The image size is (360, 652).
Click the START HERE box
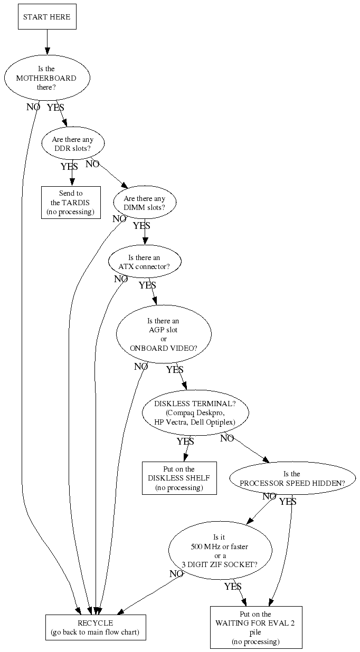(46, 17)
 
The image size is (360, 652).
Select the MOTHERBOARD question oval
(46, 78)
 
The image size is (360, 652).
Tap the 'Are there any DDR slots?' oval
(73, 143)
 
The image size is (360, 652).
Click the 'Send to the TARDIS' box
(71, 203)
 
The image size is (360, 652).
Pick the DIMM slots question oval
(145, 203)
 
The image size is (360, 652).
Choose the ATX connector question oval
(145, 262)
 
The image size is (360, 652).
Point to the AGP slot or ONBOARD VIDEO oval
(164, 334)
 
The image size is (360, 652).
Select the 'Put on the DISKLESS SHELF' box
(179, 478)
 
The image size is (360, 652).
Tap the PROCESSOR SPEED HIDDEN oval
(292, 478)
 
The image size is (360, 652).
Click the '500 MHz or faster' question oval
(220, 551)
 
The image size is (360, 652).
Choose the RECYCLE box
(95, 627)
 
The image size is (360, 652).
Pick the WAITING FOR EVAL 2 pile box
(255, 627)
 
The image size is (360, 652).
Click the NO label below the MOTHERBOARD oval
(33, 107)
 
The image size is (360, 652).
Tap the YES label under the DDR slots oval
(69, 167)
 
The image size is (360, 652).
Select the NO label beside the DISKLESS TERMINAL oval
(227, 438)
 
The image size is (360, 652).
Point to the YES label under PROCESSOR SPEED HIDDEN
(288, 502)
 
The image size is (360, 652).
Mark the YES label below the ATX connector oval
(147, 285)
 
